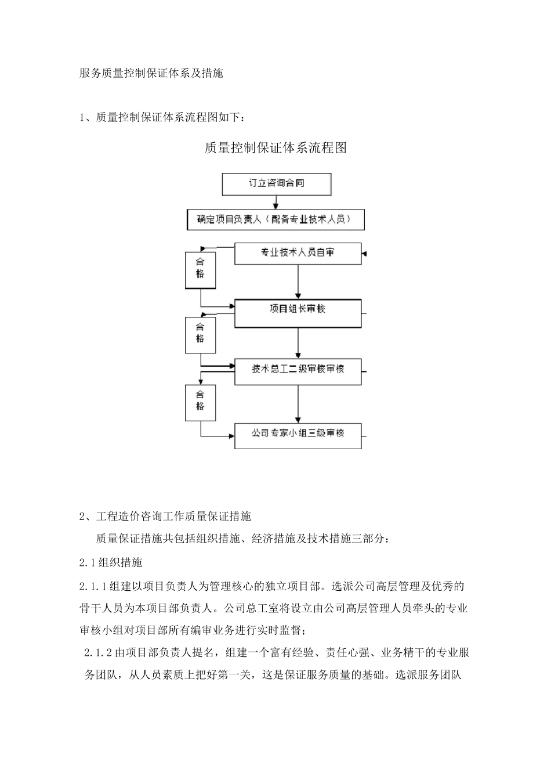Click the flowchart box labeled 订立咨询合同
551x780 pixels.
point(277,183)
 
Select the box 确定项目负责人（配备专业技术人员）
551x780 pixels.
point(275,220)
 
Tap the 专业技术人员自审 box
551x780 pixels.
point(298,253)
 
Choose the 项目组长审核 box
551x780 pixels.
point(298,309)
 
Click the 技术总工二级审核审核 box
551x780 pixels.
point(298,370)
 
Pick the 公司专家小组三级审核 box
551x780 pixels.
point(298,434)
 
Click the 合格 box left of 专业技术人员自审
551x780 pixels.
point(200,269)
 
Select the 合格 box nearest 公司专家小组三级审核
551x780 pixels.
point(200,401)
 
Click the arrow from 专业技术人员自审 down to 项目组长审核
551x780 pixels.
point(298,283)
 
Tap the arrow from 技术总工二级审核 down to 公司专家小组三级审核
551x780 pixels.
point(298,404)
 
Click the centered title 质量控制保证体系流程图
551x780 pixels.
point(275,148)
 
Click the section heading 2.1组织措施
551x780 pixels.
point(111,562)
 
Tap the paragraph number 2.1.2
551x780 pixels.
point(99,653)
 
